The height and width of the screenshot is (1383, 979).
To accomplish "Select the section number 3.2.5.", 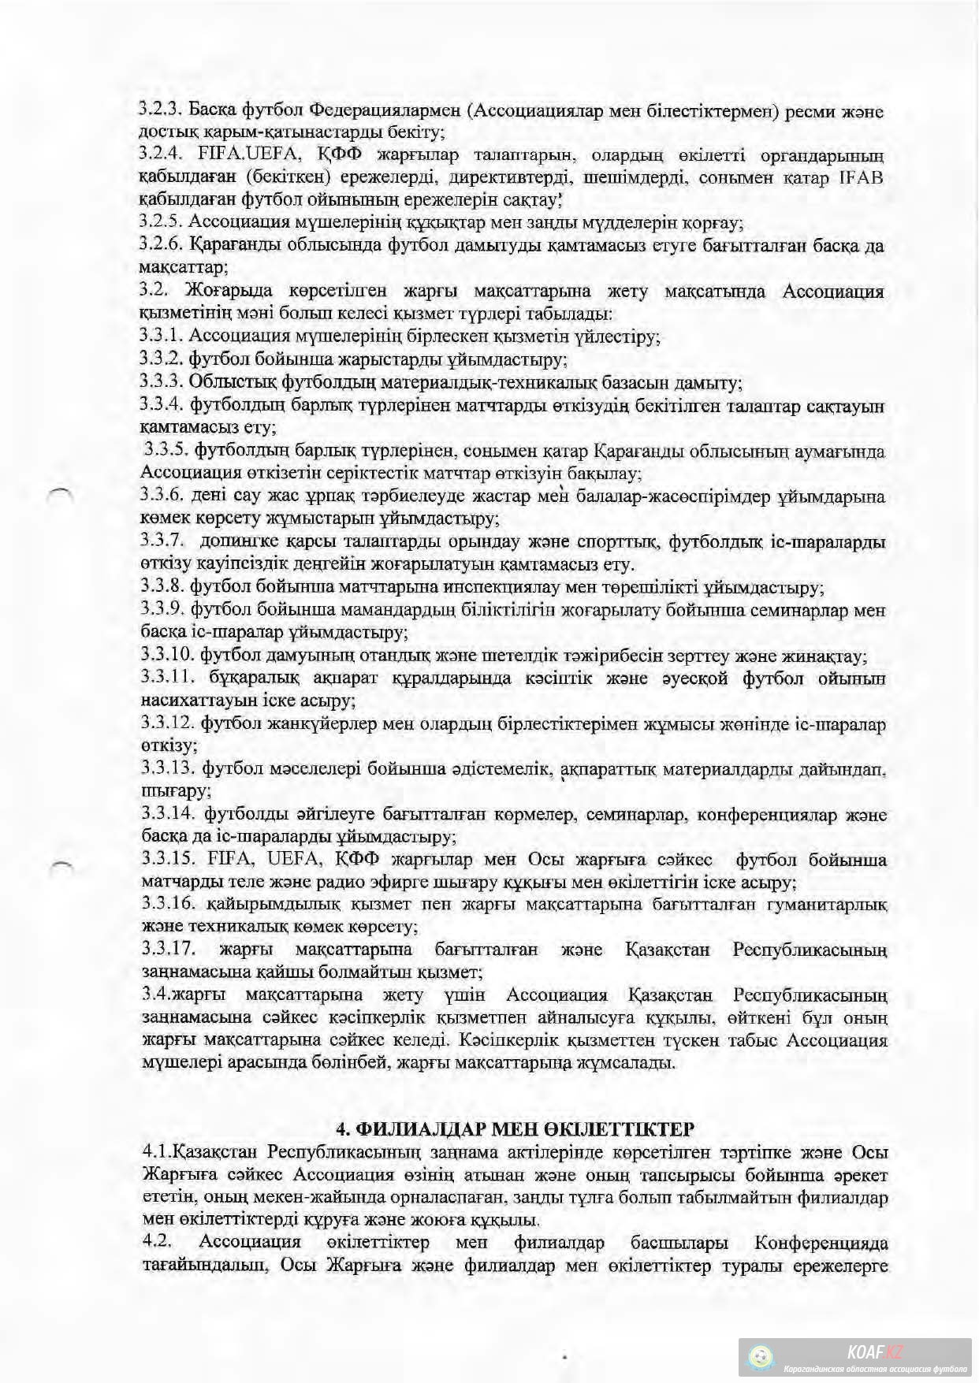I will (x=161, y=223).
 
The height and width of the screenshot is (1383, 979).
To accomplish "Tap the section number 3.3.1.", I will (x=161, y=336).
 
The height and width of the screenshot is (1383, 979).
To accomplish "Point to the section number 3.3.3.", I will (x=161, y=382).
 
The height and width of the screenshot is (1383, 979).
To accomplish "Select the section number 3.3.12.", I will (x=167, y=723).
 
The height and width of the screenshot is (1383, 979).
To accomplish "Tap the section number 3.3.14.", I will (x=168, y=814).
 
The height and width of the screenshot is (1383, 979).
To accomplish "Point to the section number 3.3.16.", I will (x=168, y=905).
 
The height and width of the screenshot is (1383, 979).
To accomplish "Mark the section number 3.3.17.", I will (x=168, y=950).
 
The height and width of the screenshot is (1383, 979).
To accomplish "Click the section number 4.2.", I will (x=158, y=1243).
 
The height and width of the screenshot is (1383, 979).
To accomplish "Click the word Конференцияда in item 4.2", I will (x=821, y=1243).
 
